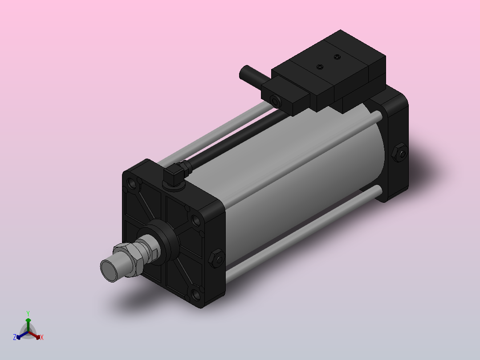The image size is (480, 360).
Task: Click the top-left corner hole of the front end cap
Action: (132, 183)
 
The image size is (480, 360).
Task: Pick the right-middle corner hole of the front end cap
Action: (195, 220)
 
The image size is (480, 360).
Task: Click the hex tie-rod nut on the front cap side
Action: (216, 259)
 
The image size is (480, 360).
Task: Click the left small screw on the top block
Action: (319, 67)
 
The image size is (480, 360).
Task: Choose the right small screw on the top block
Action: (338, 57)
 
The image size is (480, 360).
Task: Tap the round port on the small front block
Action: (274, 101)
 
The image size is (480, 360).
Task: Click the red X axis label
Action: (42, 338)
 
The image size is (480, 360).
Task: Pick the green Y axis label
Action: (28, 313)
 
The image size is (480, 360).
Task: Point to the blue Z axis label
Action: (15, 338)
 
